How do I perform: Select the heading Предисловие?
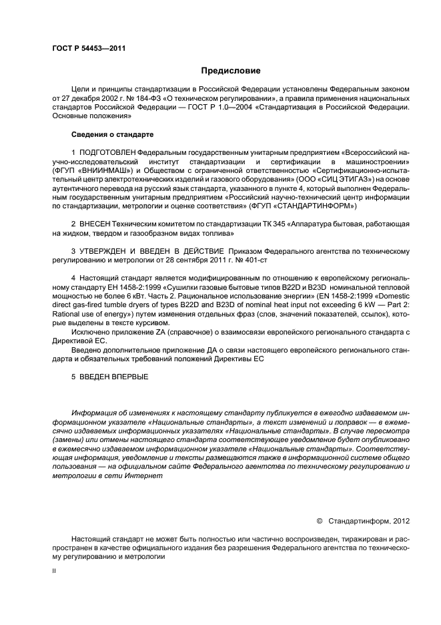click(231, 70)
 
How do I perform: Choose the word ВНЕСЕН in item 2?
click(97, 224)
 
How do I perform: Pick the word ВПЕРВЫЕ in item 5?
click(126, 377)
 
